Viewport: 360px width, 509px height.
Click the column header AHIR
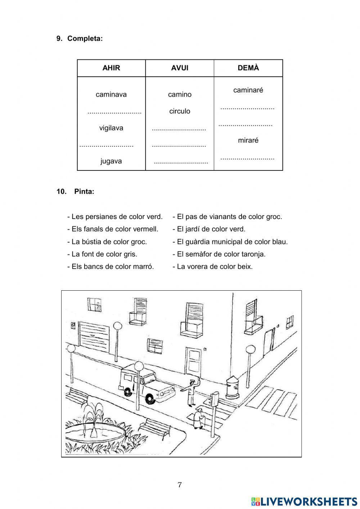tap(111, 68)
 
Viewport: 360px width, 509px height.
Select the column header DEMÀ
tap(248, 68)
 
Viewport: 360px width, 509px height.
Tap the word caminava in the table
tap(111, 95)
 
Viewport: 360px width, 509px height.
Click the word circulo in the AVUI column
tap(180, 111)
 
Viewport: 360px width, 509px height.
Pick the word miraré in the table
tap(248, 140)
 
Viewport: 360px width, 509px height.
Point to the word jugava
tap(111, 161)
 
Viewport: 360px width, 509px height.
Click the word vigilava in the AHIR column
tap(111, 128)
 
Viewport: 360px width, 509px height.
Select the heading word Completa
tap(85, 39)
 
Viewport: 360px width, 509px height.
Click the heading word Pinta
tap(84, 192)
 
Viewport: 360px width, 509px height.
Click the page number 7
tap(180, 485)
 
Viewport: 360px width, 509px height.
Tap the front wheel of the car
tap(150, 398)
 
